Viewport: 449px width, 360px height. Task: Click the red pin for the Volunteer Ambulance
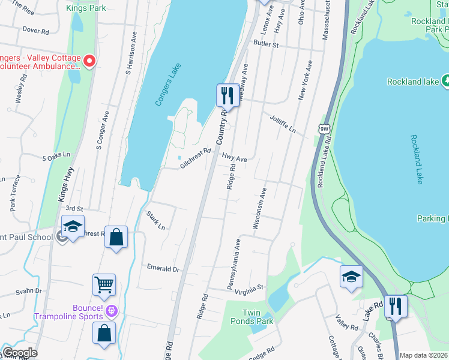89,61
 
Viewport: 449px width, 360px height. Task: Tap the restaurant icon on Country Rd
227,95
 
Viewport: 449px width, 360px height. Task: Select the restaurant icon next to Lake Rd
396,305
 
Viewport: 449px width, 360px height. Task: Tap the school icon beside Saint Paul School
73,227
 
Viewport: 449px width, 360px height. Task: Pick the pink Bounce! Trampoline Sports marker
112,310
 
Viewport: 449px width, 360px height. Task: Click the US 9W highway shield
324,128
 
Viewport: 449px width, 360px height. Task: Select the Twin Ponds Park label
258,317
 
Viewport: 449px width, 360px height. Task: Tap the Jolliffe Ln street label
283,124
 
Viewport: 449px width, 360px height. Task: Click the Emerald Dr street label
163,269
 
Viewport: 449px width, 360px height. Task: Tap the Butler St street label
266,44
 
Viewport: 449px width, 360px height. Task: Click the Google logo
19,353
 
